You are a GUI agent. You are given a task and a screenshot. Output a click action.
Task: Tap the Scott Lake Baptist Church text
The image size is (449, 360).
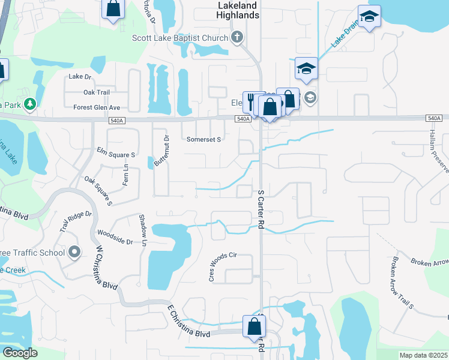180,38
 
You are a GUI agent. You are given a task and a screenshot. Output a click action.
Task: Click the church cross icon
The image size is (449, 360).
237,38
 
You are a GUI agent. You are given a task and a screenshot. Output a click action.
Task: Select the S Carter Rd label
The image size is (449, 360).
261,208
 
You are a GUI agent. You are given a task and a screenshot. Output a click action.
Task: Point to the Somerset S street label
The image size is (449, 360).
204,139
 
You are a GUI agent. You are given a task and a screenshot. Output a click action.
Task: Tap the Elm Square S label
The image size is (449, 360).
116,154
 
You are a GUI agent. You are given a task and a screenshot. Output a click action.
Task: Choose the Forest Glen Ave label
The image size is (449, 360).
97,107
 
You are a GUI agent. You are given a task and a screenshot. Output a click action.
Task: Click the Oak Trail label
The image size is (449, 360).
97,92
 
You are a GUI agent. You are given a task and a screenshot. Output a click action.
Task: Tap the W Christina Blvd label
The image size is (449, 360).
106,270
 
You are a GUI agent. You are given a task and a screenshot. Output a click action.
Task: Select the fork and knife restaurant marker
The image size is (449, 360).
250,102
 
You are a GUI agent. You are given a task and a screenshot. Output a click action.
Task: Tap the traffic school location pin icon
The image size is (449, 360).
74,252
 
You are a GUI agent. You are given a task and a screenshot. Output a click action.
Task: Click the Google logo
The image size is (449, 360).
19,353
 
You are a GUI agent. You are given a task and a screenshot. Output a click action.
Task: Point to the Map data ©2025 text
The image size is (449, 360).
423,355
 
